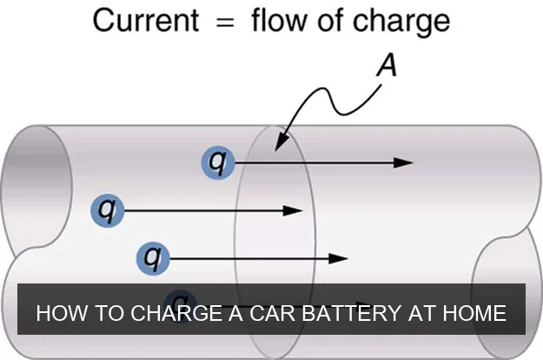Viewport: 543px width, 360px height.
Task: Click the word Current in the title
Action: (147, 19)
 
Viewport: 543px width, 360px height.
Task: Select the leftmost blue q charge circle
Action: (107, 209)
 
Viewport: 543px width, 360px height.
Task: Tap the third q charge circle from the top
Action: (153, 257)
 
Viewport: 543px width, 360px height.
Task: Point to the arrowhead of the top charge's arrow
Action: (403, 162)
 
